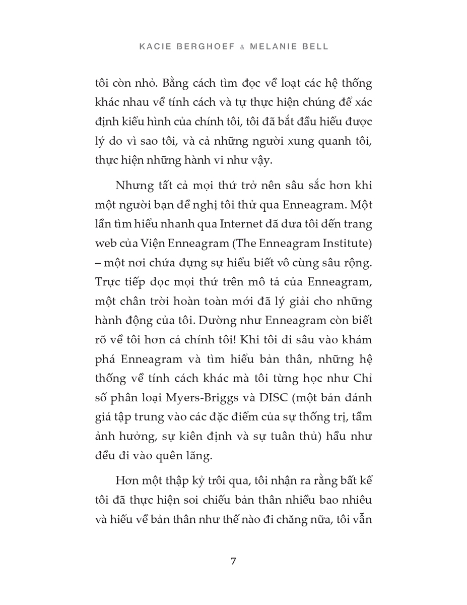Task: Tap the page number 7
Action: click(x=233, y=561)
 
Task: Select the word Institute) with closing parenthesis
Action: click(x=345, y=244)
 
